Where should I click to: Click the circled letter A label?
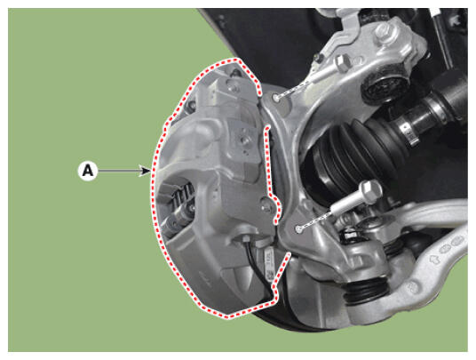[x=88, y=171]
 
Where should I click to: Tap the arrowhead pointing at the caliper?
[x=145, y=171]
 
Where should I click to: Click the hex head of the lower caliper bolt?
[x=370, y=191]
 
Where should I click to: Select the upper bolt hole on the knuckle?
[x=275, y=98]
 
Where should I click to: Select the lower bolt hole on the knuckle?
[x=298, y=228]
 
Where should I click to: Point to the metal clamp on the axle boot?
[x=408, y=132]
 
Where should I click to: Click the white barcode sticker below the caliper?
[x=269, y=262]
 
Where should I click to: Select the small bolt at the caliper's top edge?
[x=235, y=73]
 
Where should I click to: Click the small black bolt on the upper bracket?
[x=318, y=58]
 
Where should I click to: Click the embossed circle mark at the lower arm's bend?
[x=414, y=286]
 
